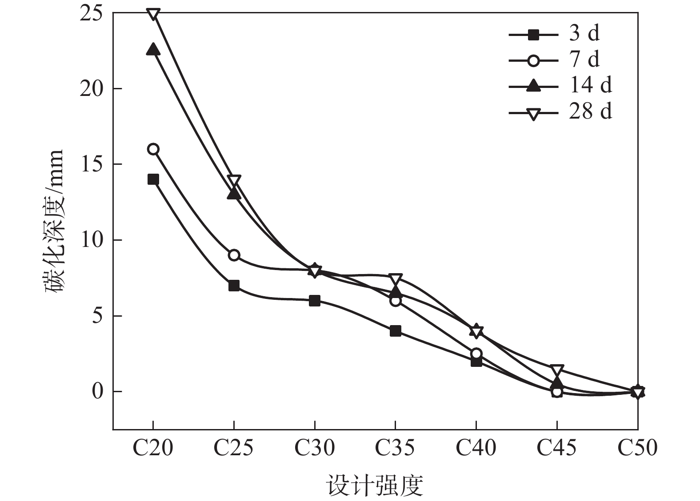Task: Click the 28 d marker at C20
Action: (153, 14)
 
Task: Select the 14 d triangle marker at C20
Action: (153, 49)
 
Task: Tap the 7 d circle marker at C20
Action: (153, 149)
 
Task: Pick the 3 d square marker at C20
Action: (153, 179)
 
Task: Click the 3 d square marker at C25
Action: (234, 286)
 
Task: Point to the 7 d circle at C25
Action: (234, 255)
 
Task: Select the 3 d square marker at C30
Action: (315, 301)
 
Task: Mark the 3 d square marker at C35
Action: (396, 331)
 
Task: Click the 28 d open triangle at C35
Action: (396, 279)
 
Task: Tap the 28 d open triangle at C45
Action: (557, 370)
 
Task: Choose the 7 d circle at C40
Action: (476, 354)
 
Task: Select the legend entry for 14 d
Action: (560, 85)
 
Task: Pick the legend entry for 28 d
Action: (560, 111)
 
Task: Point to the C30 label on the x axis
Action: (315, 448)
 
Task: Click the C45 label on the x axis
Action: (557, 448)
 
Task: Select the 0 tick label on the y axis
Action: (97, 392)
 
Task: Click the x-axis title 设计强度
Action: (375, 485)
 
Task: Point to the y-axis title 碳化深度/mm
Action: (54, 221)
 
